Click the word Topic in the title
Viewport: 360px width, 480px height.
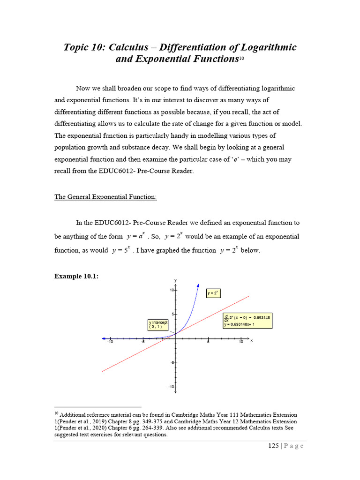coord(78,47)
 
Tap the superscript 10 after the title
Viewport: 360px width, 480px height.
coord(242,58)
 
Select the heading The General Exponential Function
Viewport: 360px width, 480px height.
coord(105,197)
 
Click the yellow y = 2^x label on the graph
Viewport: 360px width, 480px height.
coord(213,293)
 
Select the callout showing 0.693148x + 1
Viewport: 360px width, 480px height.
coord(247,321)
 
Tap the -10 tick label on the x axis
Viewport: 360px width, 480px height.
coord(110,342)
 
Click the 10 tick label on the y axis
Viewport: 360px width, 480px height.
coord(172,290)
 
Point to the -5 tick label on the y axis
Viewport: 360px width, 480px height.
coord(172,363)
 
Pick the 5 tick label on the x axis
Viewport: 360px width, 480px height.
coord(208,342)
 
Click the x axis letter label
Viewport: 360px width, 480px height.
coord(251,340)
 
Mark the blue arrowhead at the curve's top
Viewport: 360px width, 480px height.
coord(198,285)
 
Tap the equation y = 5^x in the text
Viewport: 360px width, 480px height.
coord(120,250)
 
